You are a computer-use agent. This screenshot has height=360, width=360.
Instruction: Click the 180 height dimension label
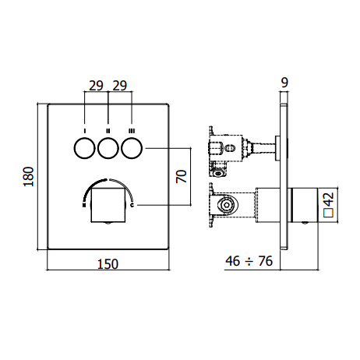[x=29, y=177]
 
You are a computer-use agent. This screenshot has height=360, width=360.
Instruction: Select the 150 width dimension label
[x=108, y=264]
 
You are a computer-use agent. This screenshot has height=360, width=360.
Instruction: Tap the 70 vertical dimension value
[x=182, y=176]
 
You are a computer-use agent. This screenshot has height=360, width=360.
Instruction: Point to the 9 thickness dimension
[x=284, y=83]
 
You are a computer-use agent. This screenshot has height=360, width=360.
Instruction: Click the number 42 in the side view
[x=329, y=199]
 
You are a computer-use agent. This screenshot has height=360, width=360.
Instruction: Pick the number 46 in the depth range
[x=233, y=261]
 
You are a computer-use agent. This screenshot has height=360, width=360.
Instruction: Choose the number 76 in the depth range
[x=266, y=261]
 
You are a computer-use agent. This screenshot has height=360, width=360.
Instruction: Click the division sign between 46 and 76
[x=249, y=262]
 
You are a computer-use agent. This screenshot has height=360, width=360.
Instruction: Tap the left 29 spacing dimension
[x=96, y=86]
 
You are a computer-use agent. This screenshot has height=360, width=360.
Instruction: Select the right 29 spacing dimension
[x=120, y=86]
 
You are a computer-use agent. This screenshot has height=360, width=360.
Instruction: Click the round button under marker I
[x=85, y=148]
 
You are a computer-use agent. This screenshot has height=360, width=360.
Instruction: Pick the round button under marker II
[x=108, y=148]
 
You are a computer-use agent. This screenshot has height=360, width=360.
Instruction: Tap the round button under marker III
[x=132, y=148]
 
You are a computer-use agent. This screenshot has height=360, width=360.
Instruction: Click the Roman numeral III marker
[x=132, y=131]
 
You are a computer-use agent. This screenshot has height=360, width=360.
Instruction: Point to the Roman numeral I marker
[x=85, y=131]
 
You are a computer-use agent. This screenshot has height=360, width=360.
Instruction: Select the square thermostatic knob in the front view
[x=108, y=205]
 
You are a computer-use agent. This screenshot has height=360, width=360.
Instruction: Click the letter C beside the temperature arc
[x=132, y=205]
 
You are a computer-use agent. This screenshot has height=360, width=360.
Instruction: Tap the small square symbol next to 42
[x=328, y=213]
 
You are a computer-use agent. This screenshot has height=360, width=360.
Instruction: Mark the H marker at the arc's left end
[x=84, y=205]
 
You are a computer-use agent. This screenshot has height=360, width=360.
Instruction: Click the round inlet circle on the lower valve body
[x=227, y=205]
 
